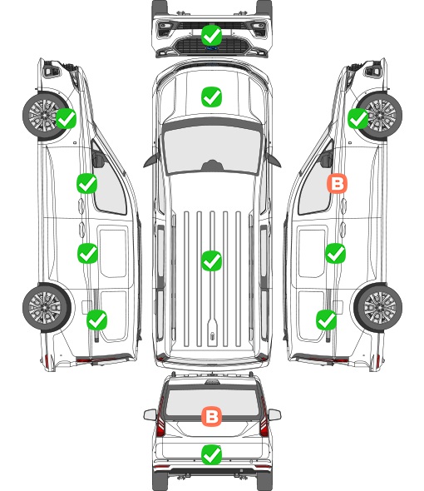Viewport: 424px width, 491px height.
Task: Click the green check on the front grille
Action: (211, 35)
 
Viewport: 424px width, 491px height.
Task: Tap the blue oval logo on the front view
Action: (211, 48)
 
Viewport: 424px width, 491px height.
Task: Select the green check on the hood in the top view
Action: (211, 97)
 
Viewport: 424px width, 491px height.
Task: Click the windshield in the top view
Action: (212, 149)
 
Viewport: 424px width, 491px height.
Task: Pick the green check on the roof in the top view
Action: (211, 260)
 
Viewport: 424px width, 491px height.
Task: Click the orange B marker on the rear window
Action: (211, 416)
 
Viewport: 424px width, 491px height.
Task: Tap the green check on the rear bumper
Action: (211, 454)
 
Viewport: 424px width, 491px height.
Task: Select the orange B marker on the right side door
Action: (337, 184)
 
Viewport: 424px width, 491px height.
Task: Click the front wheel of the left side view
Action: (44, 115)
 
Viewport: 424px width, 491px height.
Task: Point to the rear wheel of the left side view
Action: (47, 307)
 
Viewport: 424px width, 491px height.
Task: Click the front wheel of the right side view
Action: (380, 115)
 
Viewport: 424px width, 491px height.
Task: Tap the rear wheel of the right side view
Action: (378, 307)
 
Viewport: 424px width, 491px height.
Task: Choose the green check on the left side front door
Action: (87, 183)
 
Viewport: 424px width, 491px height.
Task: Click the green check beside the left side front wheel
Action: (66, 118)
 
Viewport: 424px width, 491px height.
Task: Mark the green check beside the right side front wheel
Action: (358, 118)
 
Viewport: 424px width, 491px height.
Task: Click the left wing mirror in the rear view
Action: (150, 414)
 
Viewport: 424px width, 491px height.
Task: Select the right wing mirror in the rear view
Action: (274, 414)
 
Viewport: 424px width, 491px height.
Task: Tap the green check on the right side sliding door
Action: (335, 253)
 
